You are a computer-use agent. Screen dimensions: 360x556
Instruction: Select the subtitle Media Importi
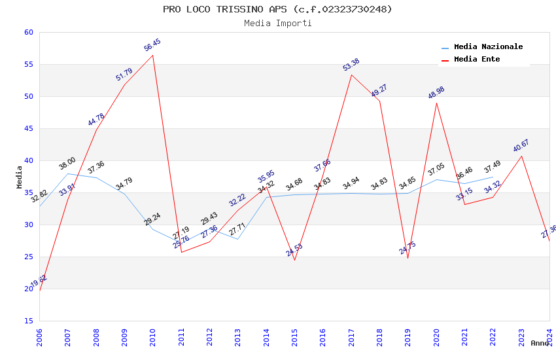[x=277, y=24]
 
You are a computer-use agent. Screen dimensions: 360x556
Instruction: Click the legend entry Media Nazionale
[x=488, y=47]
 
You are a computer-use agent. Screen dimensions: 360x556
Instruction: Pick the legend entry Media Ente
[x=477, y=60]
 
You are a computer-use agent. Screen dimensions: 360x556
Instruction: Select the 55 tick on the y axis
[x=27, y=65]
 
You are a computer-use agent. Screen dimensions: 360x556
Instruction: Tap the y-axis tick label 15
[x=27, y=321]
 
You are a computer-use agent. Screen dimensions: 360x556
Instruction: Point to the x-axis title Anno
[x=540, y=344]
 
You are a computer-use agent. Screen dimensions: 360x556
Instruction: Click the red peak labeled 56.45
[x=153, y=55]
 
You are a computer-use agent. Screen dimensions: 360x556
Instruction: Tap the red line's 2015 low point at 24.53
[x=294, y=260]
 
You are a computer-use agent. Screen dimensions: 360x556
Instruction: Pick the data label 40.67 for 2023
[x=521, y=146]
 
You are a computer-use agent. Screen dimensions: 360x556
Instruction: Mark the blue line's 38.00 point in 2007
[x=68, y=173]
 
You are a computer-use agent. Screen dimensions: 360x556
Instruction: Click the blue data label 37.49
[x=493, y=168]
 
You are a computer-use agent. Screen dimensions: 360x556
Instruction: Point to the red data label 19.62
[x=39, y=281]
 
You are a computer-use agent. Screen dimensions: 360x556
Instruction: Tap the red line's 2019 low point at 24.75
[x=408, y=258]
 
